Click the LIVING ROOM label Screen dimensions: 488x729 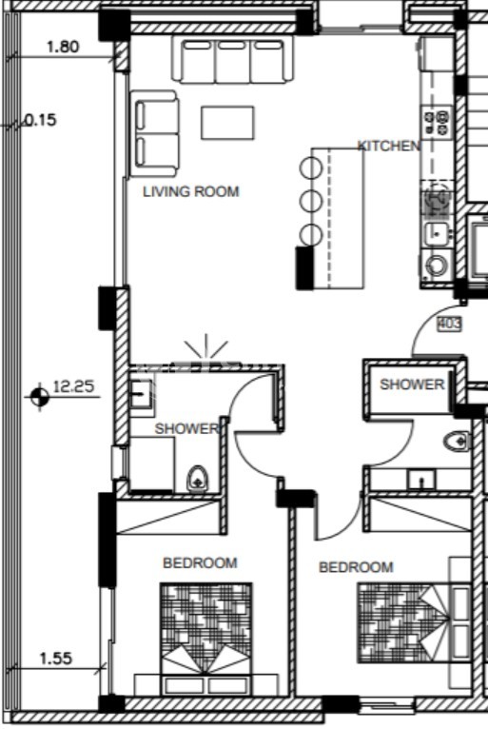(x=191, y=191)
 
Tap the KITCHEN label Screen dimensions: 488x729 (x=389, y=146)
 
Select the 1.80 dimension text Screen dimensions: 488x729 (x=63, y=47)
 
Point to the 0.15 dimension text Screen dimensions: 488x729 (x=41, y=121)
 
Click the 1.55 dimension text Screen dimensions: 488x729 (x=56, y=659)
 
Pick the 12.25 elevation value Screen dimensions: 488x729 (x=74, y=386)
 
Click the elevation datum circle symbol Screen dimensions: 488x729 (x=40, y=397)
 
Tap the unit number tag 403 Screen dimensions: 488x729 (x=449, y=324)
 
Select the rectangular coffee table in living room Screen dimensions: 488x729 (x=227, y=123)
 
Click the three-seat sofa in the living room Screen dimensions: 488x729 (x=233, y=60)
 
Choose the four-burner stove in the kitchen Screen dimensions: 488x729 (x=437, y=123)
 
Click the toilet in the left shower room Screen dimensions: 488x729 (x=198, y=479)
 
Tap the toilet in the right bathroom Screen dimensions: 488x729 (x=458, y=442)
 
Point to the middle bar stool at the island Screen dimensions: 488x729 (x=311, y=202)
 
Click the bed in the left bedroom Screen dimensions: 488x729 (x=205, y=639)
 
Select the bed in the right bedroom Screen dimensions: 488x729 (x=414, y=622)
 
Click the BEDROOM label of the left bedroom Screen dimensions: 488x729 (x=200, y=563)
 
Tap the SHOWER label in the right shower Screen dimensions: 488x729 (x=412, y=384)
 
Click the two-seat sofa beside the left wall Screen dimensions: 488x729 (x=154, y=134)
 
